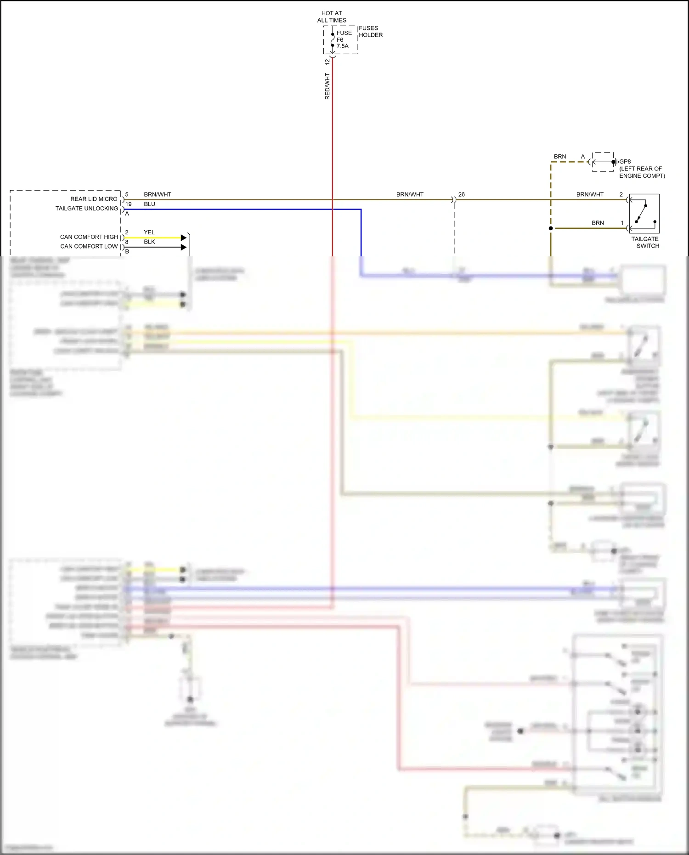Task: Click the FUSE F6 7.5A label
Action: click(343, 40)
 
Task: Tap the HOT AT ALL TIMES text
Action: click(332, 17)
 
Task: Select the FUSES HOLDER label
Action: click(370, 32)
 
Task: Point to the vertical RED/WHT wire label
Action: click(328, 86)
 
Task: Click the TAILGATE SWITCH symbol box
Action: click(644, 214)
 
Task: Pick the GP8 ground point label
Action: click(625, 162)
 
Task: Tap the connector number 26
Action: click(462, 194)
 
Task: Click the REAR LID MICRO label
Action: click(94, 199)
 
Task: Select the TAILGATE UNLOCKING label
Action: click(86, 209)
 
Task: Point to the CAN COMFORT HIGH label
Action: click(89, 237)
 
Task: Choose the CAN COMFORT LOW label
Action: click(89, 246)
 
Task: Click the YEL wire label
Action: click(149, 232)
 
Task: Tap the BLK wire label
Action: click(149, 242)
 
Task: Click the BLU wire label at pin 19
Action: click(149, 204)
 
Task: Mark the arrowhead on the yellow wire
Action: click(184, 238)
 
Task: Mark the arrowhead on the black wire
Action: click(184, 247)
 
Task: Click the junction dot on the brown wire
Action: click(551, 228)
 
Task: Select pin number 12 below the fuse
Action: click(328, 62)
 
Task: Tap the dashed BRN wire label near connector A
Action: click(560, 157)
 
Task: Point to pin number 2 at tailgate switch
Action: click(621, 194)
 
